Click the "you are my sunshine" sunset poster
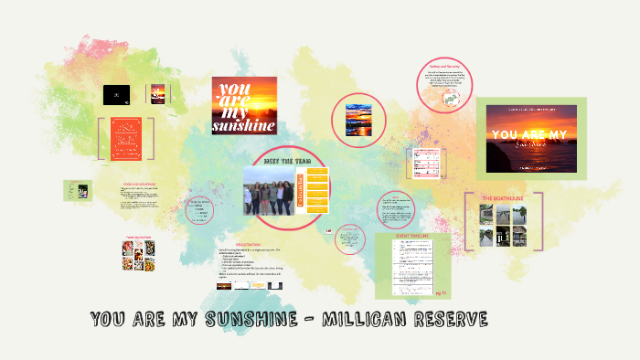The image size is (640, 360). [243, 105]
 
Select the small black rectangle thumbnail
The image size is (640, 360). [116, 92]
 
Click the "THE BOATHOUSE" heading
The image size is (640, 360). [502, 197]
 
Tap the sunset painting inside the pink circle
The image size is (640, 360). [358, 119]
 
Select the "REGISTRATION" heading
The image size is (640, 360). [249, 244]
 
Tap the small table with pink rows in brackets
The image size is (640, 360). [428, 163]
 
